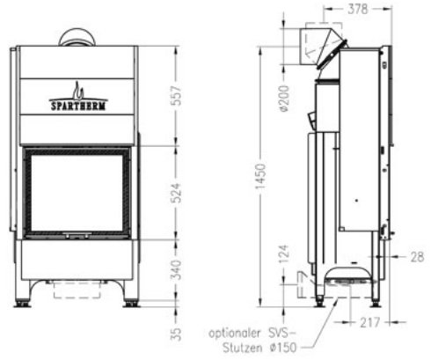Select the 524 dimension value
(x=175, y=193)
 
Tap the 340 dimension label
(x=175, y=268)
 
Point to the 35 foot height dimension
(x=175, y=334)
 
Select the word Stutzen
(x=232, y=349)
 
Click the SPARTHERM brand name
(x=78, y=102)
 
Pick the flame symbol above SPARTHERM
(x=77, y=90)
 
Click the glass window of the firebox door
(x=77, y=193)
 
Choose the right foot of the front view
(x=130, y=304)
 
